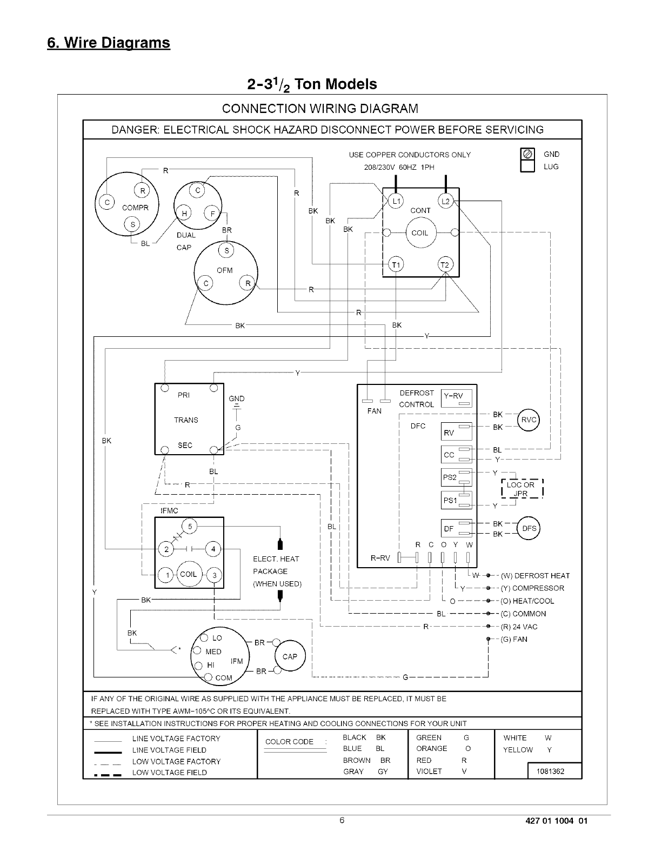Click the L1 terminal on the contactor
pyautogui.click(x=396, y=201)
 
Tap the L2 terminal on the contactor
pyautogui.click(x=446, y=201)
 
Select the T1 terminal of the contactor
pyautogui.click(x=396, y=264)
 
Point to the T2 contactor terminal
pyautogui.click(x=446, y=264)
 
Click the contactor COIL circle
pyautogui.click(x=420, y=233)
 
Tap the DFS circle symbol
pyautogui.click(x=529, y=529)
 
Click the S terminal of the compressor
pyautogui.click(x=131, y=224)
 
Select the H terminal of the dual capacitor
pyautogui.click(x=184, y=214)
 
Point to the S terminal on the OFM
pyautogui.click(x=226, y=250)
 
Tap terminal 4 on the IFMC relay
pyautogui.click(x=213, y=549)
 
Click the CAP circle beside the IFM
pyautogui.click(x=290, y=656)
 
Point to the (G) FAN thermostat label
pyautogui.click(x=514, y=639)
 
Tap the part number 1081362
pyautogui.click(x=550, y=771)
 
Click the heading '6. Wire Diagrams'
pyautogui.click(x=109, y=42)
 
